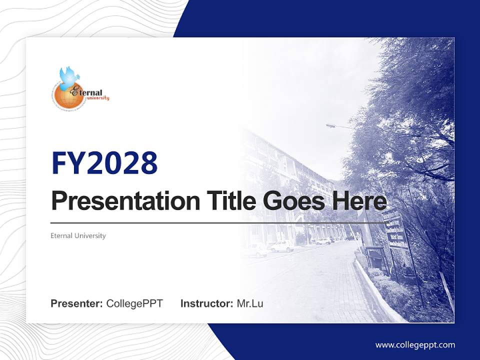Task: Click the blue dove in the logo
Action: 69,75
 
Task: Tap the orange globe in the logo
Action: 64,95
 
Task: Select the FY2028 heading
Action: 104,163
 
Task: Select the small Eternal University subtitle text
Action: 78,235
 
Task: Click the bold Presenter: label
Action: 77,303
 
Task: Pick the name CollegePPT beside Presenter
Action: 134,303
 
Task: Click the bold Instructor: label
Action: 206,303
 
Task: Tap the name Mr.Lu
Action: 250,303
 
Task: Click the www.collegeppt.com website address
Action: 415,344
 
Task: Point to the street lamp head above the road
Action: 330,126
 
